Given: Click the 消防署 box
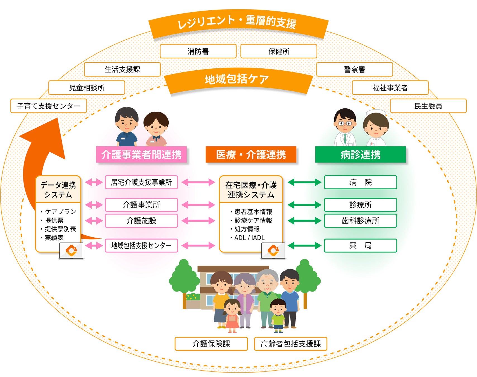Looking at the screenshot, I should click(x=198, y=51).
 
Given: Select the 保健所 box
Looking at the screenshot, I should click(x=278, y=51).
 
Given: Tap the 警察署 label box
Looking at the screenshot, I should click(x=354, y=70).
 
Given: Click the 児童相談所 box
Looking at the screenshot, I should click(x=87, y=88).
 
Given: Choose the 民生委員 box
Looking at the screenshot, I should click(x=428, y=106).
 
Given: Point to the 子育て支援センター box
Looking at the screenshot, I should click(x=49, y=106).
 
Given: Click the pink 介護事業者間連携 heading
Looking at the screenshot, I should click(x=141, y=154).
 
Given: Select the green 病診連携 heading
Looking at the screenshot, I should click(x=360, y=154).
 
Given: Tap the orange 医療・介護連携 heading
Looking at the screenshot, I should click(x=251, y=154).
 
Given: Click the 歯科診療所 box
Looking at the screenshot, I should click(x=360, y=221).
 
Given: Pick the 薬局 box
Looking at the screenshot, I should click(x=360, y=245).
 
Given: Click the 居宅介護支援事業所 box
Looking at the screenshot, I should click(x=141, y=182).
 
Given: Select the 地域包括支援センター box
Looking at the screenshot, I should click(x=141, y=245).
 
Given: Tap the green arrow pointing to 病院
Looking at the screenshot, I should click(x=304, y=182).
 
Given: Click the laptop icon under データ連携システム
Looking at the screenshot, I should click(x=71, y=250).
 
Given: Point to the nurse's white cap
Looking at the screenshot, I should click(x=376, y=113).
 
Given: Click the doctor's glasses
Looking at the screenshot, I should click(x=345, y=123).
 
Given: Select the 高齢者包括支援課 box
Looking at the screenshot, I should click(x=290, y=343).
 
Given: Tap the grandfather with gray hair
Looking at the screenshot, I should click(x=267, y=296).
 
